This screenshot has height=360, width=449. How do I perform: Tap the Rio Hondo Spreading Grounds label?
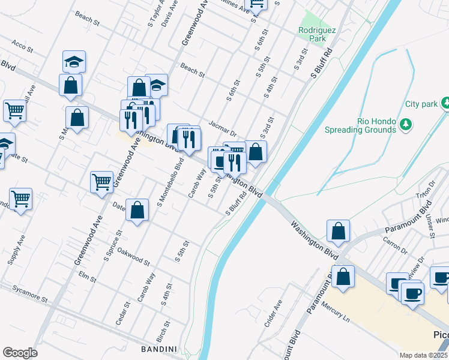coord(369,125)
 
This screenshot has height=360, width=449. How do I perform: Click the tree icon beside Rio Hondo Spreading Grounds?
coord(406,124)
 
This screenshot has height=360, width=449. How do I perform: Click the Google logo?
coord(20,352)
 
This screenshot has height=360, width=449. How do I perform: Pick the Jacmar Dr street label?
coord(223,128)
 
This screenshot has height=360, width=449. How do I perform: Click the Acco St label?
coord(21,46)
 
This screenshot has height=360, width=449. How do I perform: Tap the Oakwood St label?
coord(133,256)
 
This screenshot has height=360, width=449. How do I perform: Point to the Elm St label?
coord(88,276)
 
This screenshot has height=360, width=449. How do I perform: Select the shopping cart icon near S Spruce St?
coord(102,182)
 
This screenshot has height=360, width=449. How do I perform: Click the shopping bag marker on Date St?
coord(137,211)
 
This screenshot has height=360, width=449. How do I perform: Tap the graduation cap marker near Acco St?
coord(74,61)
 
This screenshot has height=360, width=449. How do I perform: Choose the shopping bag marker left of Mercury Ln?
coord(343,277)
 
